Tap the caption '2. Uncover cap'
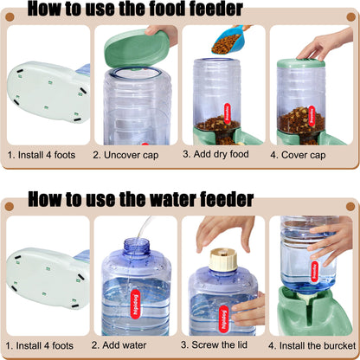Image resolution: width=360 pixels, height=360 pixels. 135,157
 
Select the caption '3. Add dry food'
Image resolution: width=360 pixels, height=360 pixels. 223,156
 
